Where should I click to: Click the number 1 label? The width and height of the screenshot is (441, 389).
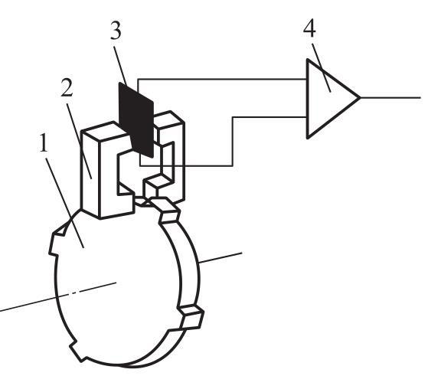pyautogui.click(x=44, y=143)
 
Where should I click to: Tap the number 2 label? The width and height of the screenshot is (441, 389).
pyautogui.click(x=67, y=87)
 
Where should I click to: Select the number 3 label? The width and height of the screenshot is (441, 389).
pyautogui.click(x=116, y=30)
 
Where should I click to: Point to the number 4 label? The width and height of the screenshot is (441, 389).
pyautogui.click(x=309, y=28)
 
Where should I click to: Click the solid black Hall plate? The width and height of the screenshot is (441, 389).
pyautogui.click(x=136, y=119)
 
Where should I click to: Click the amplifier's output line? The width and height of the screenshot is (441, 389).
pyautogui.click(x=390, y=97)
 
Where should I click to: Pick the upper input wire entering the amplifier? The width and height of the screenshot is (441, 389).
pyautogui.click(x=222, y=80)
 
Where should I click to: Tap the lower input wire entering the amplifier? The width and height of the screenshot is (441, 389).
pyautogui.click(x=233, y=141)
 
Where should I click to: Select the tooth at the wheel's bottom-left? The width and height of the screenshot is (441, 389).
pyautogui.click(x=78, y=351)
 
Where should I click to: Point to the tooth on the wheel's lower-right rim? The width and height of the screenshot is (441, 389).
pyautogui.click(x=191, y=317)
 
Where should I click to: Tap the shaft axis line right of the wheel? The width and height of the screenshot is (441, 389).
pyautogui.click(x=220, y=257)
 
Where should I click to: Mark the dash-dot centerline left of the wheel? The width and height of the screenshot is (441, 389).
pyautogui.click(x=57, y=297)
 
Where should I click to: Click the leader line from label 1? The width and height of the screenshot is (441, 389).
pyautogui.click(x=65, y=203)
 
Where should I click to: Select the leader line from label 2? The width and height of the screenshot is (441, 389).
pyautogui.click(x=79, y=141)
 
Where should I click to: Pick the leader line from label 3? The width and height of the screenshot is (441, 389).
pyautogui.click(x=120, y=66)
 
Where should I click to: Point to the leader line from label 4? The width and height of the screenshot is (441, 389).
pyautogui.click(x=321, y=67)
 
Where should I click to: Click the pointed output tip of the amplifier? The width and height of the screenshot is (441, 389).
pyautogui.click(x=361, y=97)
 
